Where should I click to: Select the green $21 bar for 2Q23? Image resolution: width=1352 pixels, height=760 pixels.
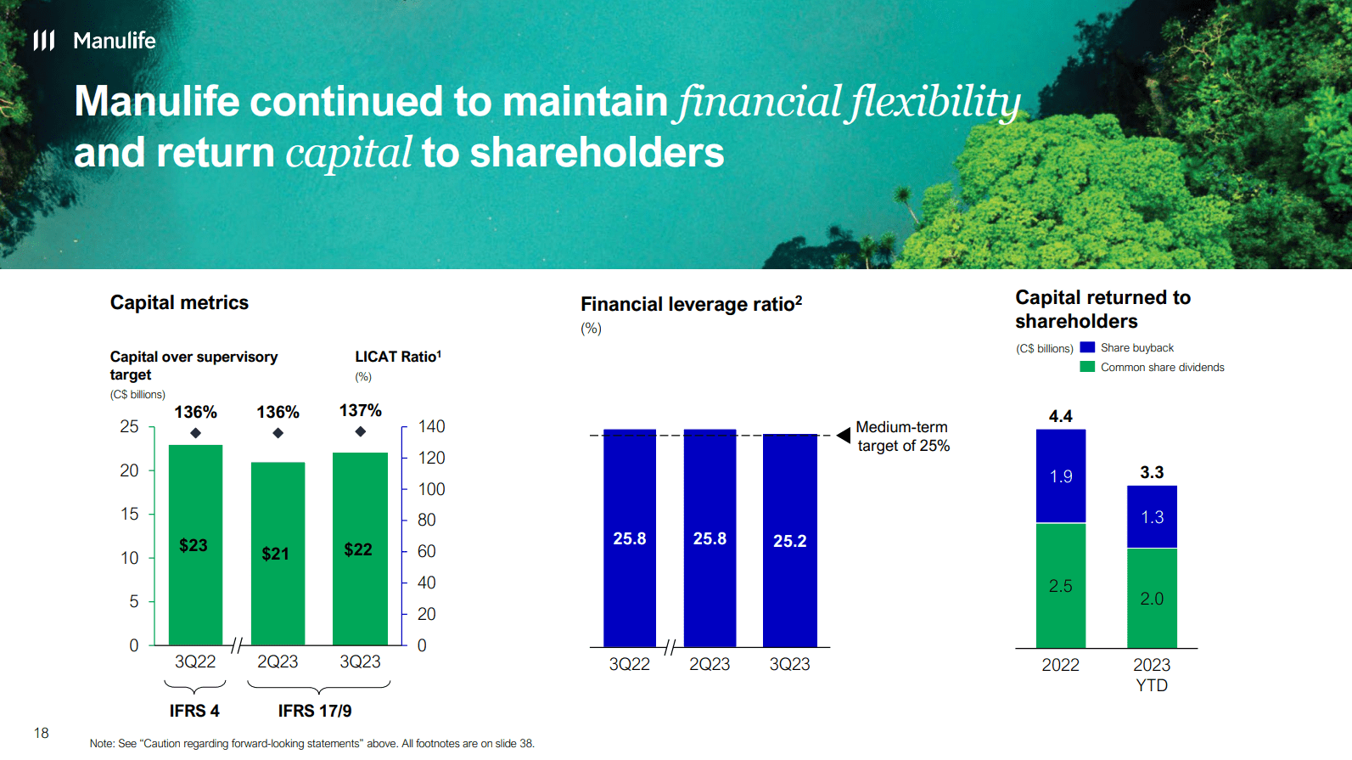[278, 553]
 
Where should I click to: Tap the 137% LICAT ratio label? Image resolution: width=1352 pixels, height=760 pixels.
[361, 411]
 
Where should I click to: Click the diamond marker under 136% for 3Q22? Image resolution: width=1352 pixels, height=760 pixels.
[196, 433]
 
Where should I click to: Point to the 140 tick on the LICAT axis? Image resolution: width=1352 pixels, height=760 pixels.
[431, 426]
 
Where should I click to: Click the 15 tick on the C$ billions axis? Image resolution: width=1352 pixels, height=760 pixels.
[129, 514]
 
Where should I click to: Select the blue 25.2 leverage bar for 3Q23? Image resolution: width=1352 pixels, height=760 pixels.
[789, 540]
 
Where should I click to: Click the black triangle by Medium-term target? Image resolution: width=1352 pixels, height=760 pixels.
[844, 435]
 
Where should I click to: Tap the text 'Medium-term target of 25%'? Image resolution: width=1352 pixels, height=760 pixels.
[902, 436]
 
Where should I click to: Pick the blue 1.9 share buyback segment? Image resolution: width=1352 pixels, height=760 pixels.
[1060, 476]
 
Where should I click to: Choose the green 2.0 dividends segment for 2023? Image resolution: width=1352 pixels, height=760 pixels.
[1152, 599]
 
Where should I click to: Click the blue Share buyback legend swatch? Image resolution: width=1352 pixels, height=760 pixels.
[1087, 347]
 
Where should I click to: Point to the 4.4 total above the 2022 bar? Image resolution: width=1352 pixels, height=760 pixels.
[1060, 416]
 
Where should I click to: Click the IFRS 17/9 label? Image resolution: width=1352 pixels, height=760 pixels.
[315, 711]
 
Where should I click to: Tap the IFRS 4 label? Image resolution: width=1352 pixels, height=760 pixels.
[194, 711]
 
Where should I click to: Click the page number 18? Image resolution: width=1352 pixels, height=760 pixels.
[42, 733]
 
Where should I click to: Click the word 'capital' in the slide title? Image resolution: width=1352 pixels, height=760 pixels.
[349, 154]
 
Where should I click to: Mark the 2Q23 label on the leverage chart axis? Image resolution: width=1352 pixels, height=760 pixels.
[710, 664]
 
